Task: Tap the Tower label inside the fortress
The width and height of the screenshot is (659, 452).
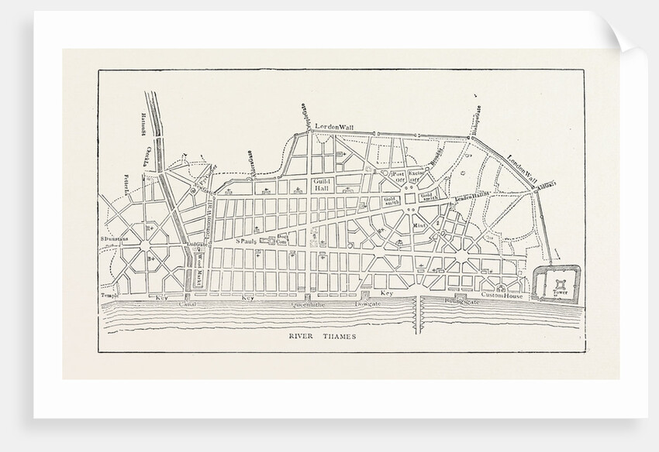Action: pos(560,293)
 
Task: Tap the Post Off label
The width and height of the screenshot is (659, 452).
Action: pos(398,179)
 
